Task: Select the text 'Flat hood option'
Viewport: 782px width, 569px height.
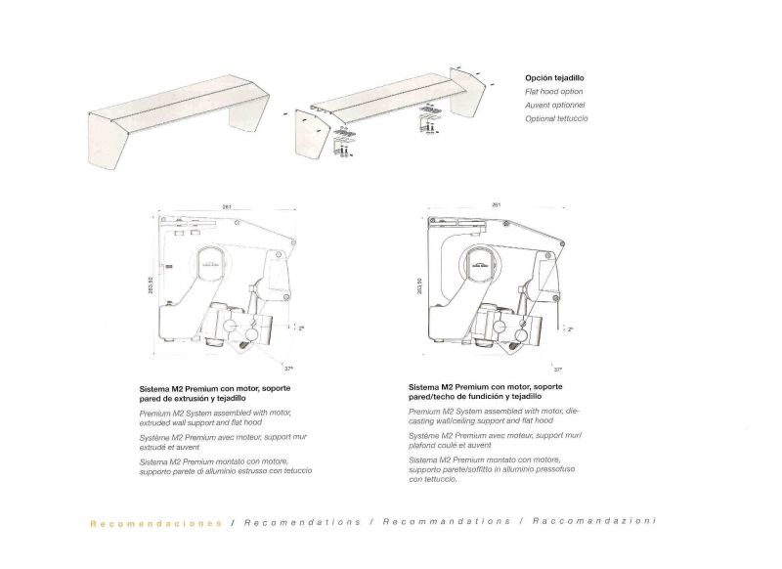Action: tap(552, 91)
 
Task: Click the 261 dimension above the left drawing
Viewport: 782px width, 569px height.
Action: tap(227, 207)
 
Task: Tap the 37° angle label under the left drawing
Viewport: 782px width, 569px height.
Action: tap(288, 369)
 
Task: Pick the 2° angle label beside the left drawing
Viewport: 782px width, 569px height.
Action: tap(301, 328)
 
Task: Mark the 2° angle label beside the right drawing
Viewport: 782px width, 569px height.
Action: tap(570, 329)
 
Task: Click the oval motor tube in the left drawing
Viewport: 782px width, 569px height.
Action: tap(211, 265)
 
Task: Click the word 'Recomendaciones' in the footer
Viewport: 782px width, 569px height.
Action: tap(155, 522)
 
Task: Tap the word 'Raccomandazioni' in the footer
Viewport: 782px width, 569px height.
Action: tap(593, 521)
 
